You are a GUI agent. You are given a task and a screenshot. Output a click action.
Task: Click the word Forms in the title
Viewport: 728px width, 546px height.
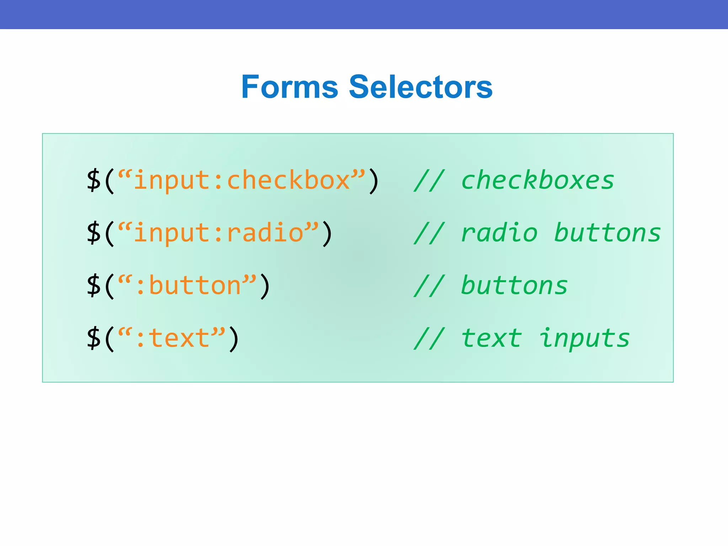click(290, 87)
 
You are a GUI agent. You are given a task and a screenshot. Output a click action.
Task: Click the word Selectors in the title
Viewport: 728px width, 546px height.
click(421, 87)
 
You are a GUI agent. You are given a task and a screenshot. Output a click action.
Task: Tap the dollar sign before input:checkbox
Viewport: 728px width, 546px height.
click(94, 181)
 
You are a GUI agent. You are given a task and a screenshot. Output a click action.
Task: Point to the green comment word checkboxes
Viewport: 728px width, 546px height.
click(537, 180)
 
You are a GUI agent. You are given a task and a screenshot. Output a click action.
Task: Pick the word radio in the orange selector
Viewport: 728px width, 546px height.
click(265, 233)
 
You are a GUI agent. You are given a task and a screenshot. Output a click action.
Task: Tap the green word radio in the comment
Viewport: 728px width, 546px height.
click(499, 233)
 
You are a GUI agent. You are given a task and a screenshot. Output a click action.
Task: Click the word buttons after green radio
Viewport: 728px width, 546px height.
click(607, 233)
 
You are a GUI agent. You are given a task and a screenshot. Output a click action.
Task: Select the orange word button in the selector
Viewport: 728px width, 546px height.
click(195, 285)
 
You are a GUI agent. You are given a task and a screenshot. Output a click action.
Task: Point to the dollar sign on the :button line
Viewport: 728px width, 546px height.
click(94, 286)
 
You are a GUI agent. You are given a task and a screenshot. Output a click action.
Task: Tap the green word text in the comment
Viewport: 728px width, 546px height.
click(491, 338)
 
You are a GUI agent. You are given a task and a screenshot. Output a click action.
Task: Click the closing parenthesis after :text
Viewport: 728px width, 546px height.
click(234, 339)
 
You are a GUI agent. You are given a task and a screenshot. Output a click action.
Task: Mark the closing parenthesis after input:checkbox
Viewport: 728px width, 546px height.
click(374, 181)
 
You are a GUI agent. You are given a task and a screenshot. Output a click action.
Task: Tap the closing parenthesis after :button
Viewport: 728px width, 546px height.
click(265, 286)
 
